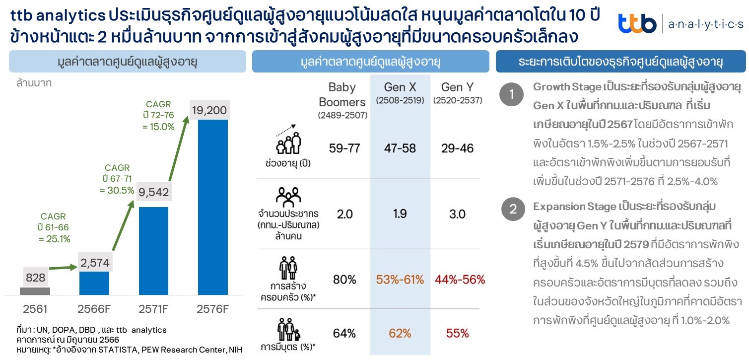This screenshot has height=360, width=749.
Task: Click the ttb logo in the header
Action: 638,23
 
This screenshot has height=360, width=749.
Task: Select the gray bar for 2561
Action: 35,291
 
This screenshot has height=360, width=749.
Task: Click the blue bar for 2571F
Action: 154,251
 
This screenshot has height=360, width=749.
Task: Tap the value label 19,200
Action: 209,111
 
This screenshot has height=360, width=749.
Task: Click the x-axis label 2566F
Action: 94,309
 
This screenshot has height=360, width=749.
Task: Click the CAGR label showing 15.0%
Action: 158,115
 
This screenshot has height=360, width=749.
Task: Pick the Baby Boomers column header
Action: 342,94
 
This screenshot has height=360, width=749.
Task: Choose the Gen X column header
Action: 400,87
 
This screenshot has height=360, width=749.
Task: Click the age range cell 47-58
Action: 400,148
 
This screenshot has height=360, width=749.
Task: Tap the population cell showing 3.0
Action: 457,214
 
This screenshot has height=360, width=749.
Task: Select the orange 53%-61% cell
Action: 400,280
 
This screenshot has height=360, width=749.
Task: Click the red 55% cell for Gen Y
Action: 457,333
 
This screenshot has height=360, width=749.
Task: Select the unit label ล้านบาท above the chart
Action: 33,83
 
